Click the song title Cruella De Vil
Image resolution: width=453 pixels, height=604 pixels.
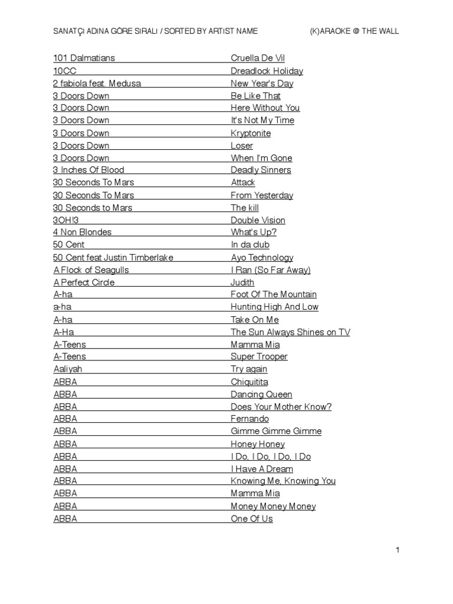pos(258,58)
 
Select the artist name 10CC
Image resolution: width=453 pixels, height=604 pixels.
pos(64,71)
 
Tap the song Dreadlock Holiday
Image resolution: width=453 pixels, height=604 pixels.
pos(267,71)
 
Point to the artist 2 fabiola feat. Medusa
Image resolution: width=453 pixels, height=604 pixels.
pos(97,83)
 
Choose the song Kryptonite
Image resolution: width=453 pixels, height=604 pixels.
pos(251,133)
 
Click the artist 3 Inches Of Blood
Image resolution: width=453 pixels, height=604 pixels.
pos(88,170)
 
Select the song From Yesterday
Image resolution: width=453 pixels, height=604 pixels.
pos(262,195)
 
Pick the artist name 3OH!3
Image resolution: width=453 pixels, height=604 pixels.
pos(65,220)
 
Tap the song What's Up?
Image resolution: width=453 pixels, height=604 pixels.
pos(254,232)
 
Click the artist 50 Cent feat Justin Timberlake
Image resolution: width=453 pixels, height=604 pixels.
pos(113,257)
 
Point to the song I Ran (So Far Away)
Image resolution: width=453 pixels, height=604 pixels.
pos(271,270)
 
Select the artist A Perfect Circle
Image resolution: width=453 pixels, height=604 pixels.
pos(84,282)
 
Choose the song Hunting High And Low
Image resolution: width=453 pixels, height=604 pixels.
pos(274,307)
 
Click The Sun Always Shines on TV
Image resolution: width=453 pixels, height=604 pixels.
pos(290,332)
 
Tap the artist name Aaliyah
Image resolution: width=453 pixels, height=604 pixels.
pos(68,369)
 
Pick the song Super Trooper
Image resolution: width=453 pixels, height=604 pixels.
pos(259,356)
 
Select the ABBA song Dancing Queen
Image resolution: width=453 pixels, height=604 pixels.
pos(261,394)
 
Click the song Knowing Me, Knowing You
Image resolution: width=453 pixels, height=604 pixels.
pos(283,481)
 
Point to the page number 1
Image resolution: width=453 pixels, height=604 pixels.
pos(398,550)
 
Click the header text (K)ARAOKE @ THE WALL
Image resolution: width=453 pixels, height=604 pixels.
pos(354,31)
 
